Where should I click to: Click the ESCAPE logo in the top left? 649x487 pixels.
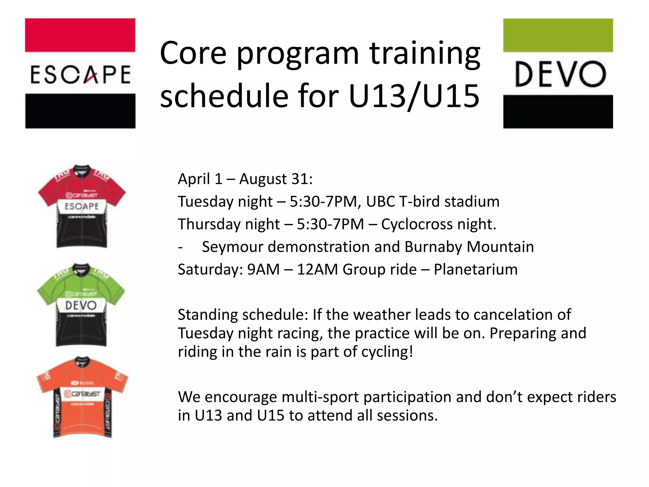click(80, 73)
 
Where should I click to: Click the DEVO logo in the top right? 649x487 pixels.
click(558, 73)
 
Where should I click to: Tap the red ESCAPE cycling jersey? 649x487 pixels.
click(82, 206)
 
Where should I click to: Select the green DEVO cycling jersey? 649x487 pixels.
click(81, 305)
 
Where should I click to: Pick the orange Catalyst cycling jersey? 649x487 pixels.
click(82, 397)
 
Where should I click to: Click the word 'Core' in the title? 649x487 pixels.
click(193, 53)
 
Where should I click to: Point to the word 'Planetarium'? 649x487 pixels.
click(475, 269)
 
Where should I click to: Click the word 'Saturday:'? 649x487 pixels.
click(210, 269)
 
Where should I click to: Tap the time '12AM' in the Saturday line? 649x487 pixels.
click(317, 269)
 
